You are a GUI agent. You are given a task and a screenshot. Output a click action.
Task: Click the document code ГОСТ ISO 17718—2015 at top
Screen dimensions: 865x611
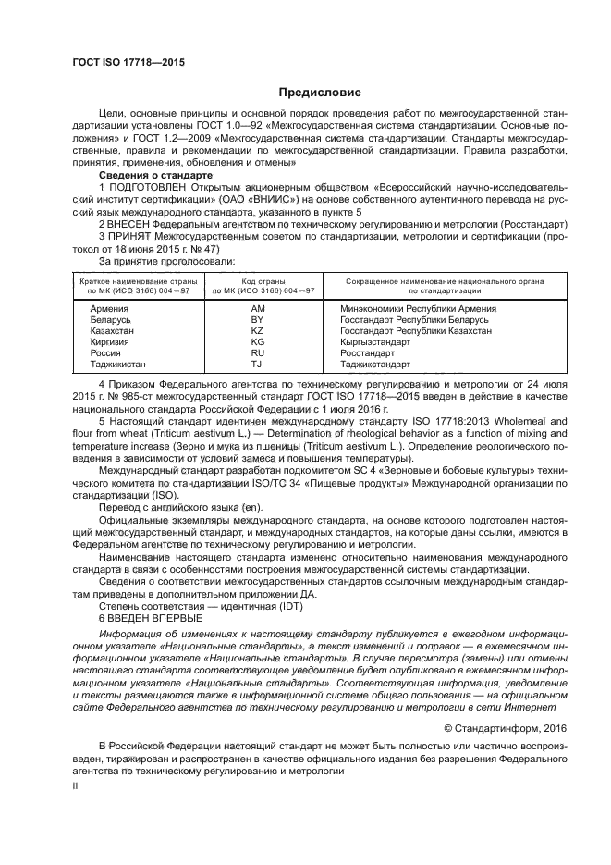pyautogui.click(x=128, y=62)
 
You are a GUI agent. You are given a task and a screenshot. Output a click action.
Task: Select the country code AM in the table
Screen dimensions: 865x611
pyautogui.click(x=258, y=307)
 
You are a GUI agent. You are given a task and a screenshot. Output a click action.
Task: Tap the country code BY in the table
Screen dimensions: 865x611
pyautogui.click(x=258, y=319)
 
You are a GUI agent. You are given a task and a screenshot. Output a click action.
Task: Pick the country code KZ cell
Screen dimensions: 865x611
pyautogui.click(x=258, y=330)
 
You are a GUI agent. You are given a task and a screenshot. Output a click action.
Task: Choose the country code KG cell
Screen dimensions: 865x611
pyautogui.click(x=258, y=341)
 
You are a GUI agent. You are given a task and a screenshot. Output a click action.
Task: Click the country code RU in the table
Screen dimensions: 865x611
pyautogui.click(x=258, y=352)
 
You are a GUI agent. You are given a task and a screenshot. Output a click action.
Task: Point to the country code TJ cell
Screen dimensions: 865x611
pyautogui.click(x=258, y=364)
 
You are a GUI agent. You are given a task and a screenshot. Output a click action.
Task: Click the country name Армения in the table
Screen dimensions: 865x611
pyautogui.click(x=98, y=307)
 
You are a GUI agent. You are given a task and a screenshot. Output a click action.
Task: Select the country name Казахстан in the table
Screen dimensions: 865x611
pyautogui.click(x=103, y=330)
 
